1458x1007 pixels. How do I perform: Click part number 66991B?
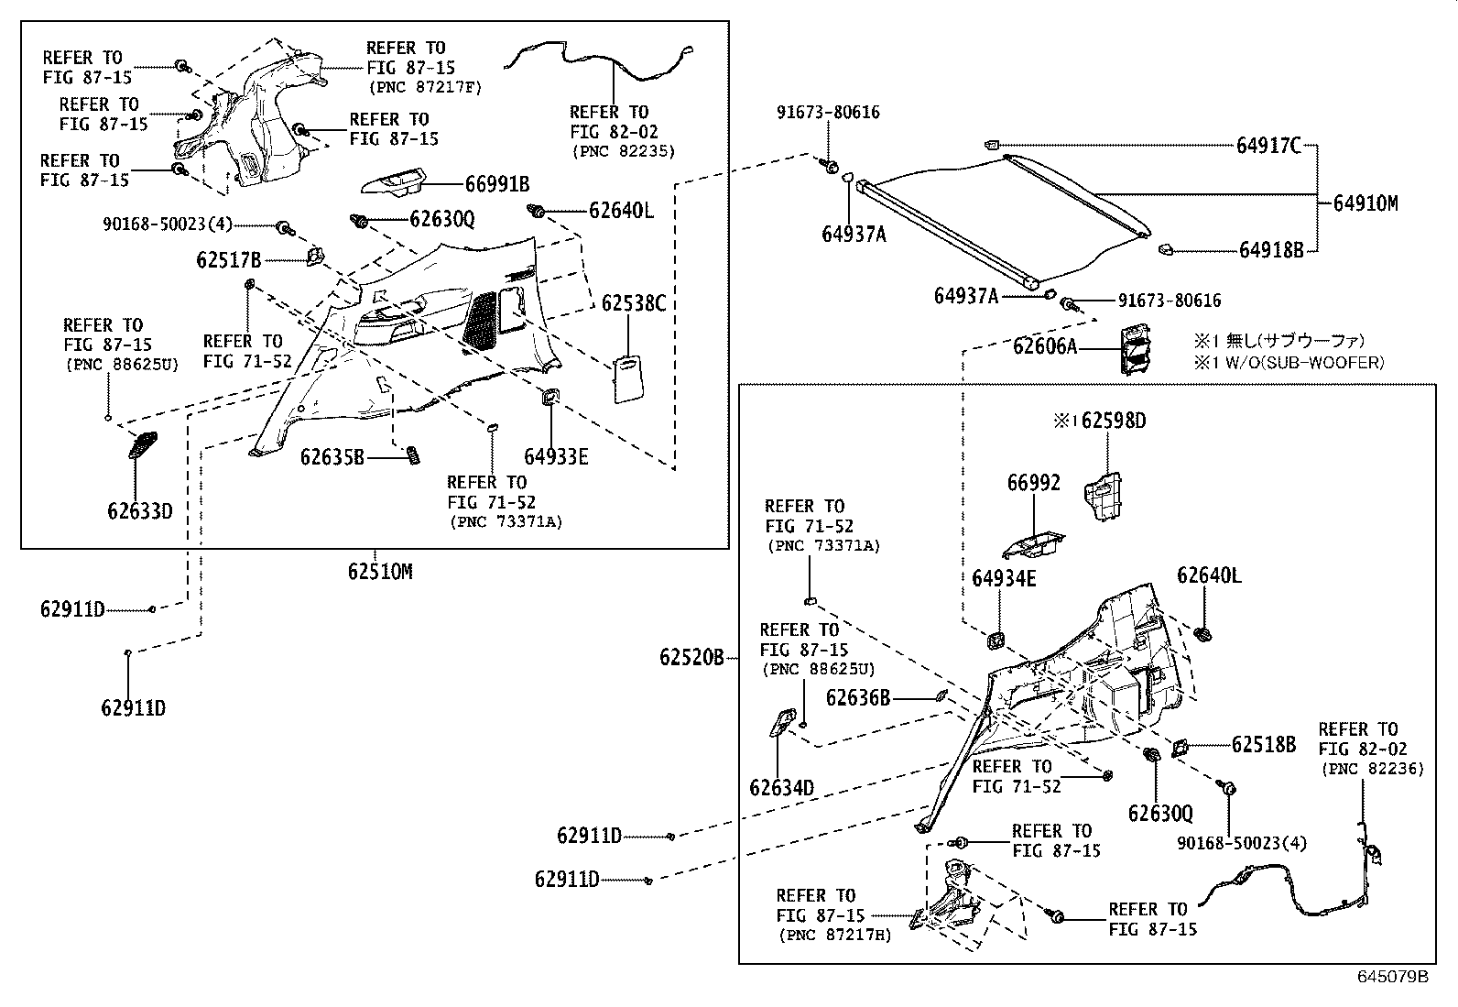(x=497, y=184)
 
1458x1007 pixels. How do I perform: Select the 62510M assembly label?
(x=380, y=572)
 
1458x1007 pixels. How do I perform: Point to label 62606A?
(x=1045, y=346)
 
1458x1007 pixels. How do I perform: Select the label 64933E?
(x=556, y=456)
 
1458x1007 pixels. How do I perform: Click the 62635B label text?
(x=332, y=456)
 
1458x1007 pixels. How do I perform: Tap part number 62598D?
(x=1114, y=421)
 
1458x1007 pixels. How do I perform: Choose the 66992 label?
(x=1034, y=483)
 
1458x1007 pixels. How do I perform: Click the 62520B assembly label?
(x=691, y=657)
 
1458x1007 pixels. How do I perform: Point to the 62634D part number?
(x=781, y=788)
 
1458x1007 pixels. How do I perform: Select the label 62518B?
(x=1264, y=745)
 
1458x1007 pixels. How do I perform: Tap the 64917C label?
(x=1268, y=145)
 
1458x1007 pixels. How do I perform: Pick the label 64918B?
(x=1271, y=249)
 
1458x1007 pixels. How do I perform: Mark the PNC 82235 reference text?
(x=623, y=151)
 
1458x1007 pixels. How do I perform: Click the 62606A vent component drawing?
(x=1133, y=349)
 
